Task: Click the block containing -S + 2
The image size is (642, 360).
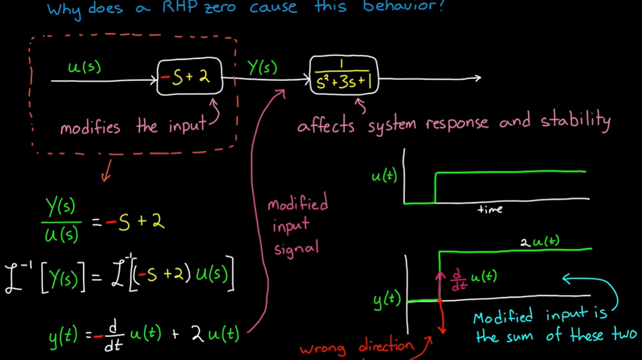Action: (x=189, y=77)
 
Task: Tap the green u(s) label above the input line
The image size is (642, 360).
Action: (x=84, y=68)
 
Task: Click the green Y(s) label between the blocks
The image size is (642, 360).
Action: (x=262, y=68)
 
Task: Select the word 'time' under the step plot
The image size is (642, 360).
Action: (x=490, y=209)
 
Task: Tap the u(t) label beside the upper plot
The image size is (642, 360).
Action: (x=384, y=176)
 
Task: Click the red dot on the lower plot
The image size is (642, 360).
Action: (x=440, y=301)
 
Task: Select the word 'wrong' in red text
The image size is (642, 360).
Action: (x=323, y=349)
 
